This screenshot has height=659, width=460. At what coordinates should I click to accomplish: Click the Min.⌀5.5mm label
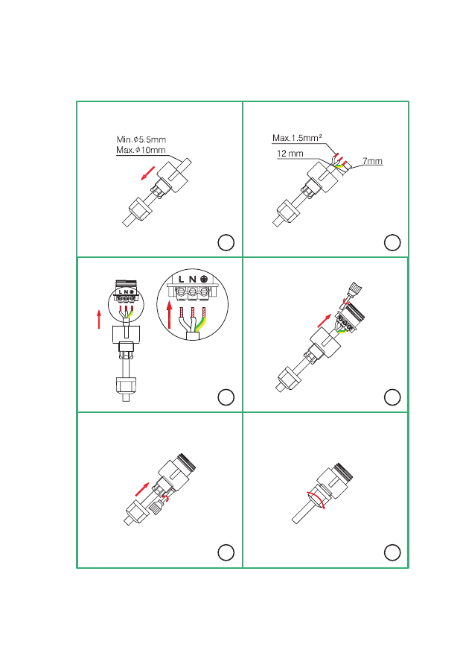[x=141, y=139]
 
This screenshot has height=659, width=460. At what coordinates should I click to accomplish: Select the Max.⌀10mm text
[x=141, y=150]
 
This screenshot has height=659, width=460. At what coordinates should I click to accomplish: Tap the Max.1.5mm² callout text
[x=297, y=138]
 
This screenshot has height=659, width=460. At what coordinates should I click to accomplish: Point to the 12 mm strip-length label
[x=290, y=154]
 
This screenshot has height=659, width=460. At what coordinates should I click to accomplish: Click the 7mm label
[x=372, y=161]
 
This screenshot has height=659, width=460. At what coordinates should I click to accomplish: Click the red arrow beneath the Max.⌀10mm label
[x=147, y=174]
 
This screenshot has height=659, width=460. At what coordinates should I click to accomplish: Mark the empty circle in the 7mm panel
[x=392, y=242]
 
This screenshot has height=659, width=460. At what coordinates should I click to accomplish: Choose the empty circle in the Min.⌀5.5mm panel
[x=226, y=242]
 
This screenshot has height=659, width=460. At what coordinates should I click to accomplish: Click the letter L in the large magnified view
[x=182, y=279]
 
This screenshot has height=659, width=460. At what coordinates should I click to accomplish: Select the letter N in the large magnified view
[x=192, y=279]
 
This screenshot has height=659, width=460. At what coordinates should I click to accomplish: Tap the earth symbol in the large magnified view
[x=205, y=279]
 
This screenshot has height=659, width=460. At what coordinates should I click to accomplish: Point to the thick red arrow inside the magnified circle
[x=169, y=314]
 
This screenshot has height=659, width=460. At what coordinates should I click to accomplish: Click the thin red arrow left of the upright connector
[x=99, y=319]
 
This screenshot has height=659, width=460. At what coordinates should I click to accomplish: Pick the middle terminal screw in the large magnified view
[x=192, y=291]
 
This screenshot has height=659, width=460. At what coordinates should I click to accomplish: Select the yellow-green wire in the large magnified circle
[x=199, y=324]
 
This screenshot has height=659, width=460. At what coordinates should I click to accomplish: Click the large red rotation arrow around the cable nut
[x=316, y=499]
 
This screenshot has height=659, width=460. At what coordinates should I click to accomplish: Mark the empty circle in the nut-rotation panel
[x=392, y=552]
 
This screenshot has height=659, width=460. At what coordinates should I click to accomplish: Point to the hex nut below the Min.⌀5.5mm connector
[x=139, y=208]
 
